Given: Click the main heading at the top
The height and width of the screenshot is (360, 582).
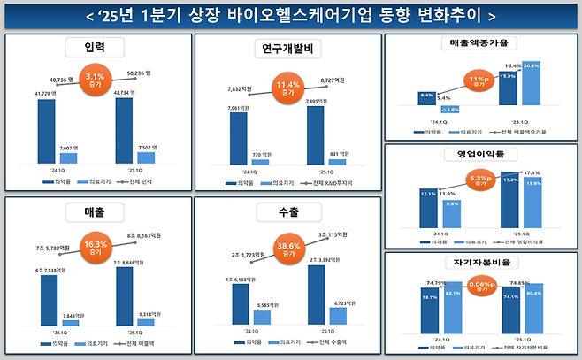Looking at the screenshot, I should coord(291,16).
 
